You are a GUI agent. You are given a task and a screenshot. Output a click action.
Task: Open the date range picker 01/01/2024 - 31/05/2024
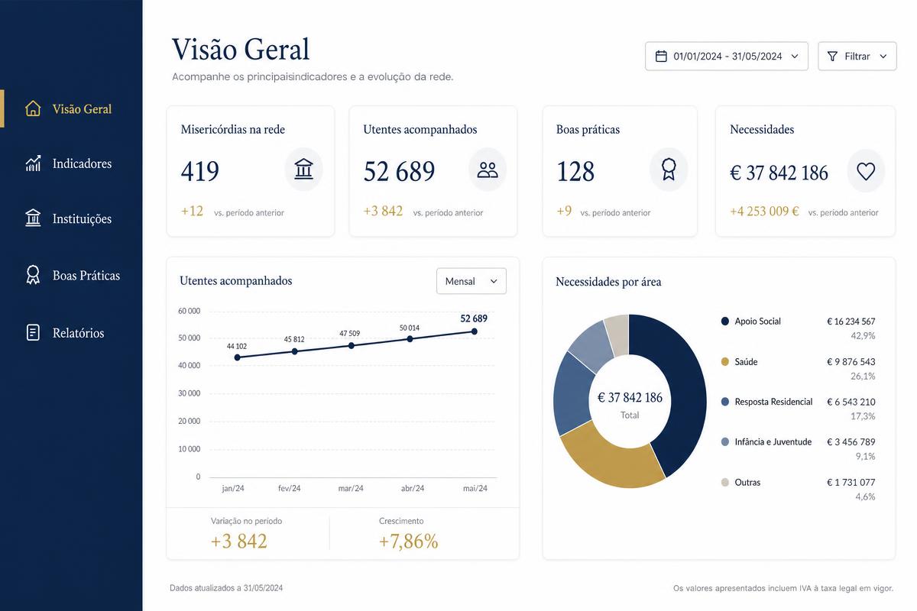726,56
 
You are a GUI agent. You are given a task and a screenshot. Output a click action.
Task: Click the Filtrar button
857,56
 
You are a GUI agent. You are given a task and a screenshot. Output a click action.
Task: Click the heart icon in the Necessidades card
865,171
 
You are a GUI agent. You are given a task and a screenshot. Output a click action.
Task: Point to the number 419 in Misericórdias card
199,171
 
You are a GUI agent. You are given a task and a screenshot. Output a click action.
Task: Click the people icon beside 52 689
488,170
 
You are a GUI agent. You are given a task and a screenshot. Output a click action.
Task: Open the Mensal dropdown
471,281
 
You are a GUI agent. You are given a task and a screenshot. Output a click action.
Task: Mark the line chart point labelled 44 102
238,357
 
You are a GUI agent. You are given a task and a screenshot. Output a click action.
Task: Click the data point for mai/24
474,331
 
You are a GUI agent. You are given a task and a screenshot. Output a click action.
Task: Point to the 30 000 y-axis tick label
190,393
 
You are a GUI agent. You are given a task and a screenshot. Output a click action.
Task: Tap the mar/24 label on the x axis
351,488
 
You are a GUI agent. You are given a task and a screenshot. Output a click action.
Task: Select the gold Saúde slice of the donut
610,461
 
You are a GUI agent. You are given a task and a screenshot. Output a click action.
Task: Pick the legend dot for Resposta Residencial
724,402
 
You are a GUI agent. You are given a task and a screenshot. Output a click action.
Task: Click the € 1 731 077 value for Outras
851,483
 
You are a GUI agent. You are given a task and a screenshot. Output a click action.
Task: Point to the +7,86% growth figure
409,541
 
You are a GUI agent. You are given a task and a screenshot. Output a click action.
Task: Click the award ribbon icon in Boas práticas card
669,169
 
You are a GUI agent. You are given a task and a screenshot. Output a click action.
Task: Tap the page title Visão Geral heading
241,49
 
